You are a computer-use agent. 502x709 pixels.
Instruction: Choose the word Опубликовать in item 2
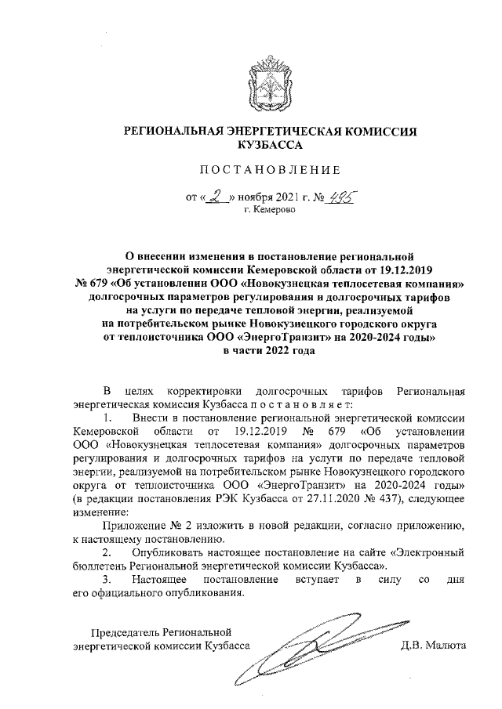coord(166,552)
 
